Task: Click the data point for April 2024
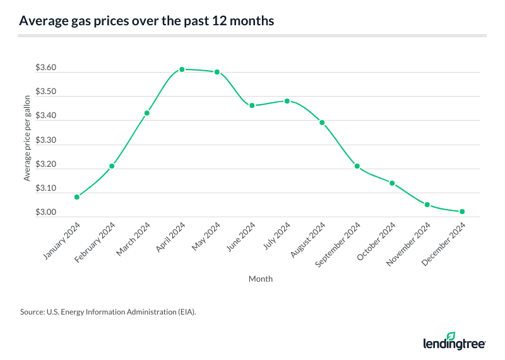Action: point(182,69)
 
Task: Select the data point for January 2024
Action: point(77,197)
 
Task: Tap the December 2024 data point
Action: point(463,212)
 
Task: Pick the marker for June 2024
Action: point(252,105)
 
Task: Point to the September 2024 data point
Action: point(357,166)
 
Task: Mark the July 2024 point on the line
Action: point(287,101)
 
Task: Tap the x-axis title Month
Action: point(261,278)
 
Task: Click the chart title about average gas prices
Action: point(146,21)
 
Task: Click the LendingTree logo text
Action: point(453,344)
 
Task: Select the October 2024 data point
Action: point(392,183)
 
